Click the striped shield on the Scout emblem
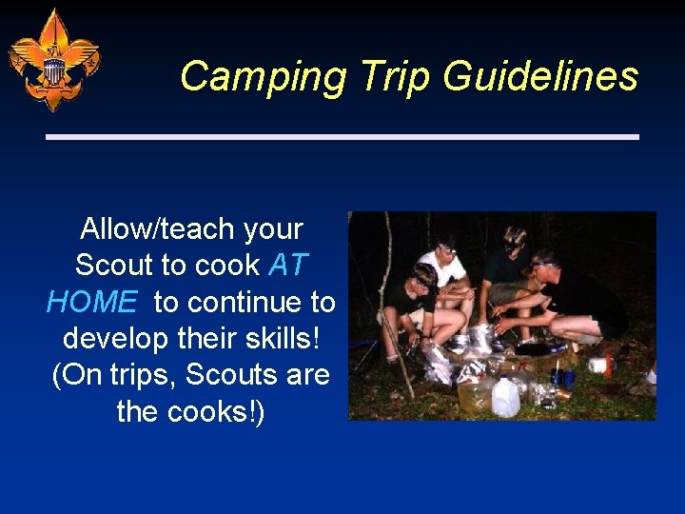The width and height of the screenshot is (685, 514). [54, 69]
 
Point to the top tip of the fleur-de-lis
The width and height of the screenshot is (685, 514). [54, 11]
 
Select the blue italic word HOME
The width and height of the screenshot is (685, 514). [91, 303]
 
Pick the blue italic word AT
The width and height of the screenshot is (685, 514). [288, 266]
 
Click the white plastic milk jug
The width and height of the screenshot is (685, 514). [504, 396]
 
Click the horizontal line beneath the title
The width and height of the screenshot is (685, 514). [342, 137]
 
